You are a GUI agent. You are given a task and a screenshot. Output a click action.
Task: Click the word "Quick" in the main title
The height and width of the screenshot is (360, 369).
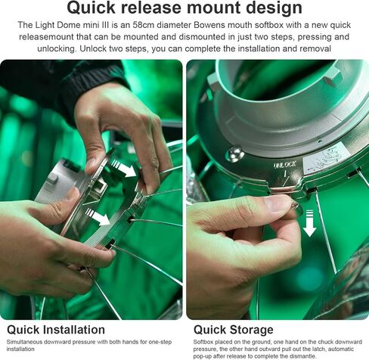point(91,8)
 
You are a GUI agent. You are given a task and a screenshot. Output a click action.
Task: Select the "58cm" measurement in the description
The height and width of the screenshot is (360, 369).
point(142,25)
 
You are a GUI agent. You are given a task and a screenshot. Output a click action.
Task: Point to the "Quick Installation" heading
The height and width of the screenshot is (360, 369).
point(56,330)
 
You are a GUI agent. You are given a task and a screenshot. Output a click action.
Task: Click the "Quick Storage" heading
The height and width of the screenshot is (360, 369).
point(234,330)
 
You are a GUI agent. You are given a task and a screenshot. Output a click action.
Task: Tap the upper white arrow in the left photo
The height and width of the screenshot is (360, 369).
point(123,168)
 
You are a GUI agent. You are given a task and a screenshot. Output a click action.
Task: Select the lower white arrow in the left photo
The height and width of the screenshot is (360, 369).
point(98,216)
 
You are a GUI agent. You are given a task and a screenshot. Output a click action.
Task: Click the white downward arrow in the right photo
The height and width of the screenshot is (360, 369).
point(309,223)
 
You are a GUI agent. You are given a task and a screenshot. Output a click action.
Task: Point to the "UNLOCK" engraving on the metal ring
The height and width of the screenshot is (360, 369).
point(285,165)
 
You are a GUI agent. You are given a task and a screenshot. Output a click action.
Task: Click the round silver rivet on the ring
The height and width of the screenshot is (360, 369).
point(234,154)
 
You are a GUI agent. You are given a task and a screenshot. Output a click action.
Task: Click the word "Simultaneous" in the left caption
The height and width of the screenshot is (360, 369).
point(24,342)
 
